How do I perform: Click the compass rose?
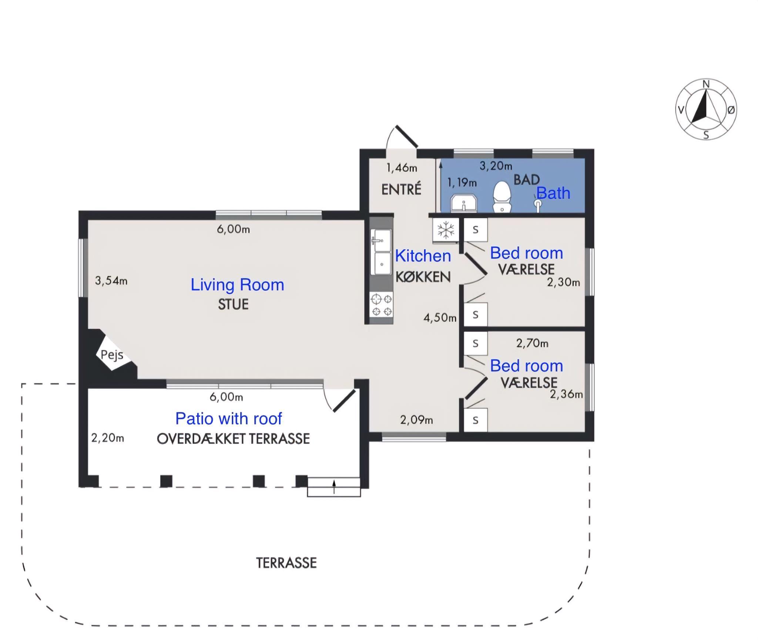click(x=706, y=110)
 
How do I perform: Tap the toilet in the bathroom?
click(x=502, y=197)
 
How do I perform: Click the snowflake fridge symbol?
click(x=446, y=230)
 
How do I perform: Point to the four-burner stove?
click(x=382, y=304)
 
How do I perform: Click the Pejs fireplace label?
click(x=112, y=355)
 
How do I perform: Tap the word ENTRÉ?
click(x=401, y=189)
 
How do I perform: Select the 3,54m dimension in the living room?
click(x=111, y=281)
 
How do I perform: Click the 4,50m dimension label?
click(x=440, y=318)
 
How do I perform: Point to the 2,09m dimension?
click(x=416, y=420)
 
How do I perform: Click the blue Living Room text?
click(x=237, y=285)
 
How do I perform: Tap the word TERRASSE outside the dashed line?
click(x=286, y=563)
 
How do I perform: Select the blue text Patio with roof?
click(x=229, y=419)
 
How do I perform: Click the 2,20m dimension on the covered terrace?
click(x=108, y=438)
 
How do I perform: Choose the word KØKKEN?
click(x=423, y=277)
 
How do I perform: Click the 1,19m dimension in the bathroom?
click(x=462, y=183)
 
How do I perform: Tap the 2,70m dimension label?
click(x=532, y=343)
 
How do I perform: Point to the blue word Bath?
click(x=553, y=193)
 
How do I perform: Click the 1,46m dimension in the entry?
click(x=402, y=168)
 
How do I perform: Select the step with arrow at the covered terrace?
click(x=334, y=487)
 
